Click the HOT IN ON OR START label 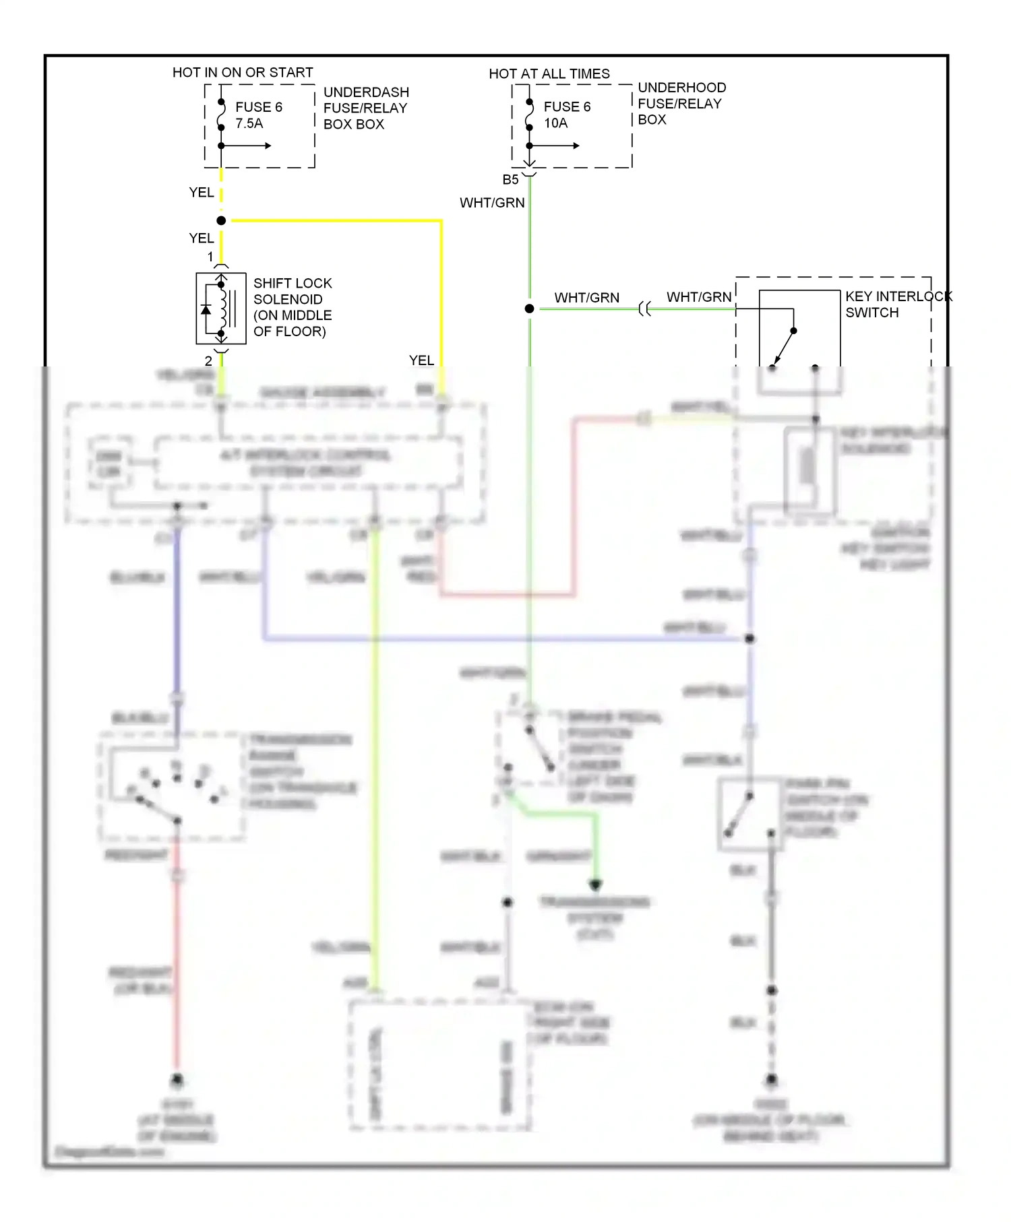(x=243, y=72)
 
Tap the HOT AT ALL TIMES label (x=549, y=73)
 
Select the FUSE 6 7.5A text (x=258, y=115)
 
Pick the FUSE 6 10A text (x=566, y=115)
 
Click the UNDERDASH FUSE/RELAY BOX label (x=365, y=108)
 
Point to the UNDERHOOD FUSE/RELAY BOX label (x=681, y=103)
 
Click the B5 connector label (x=510, y=180)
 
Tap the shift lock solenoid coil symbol (x=221, y=309)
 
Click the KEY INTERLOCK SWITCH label (x=898, y=304)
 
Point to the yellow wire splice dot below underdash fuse (x=221, y=220)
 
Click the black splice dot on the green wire (x=530, y=309)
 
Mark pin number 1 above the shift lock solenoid (x=210, y=257)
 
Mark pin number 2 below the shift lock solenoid (x=208, y=361)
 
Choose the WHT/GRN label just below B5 (x=492, y=203)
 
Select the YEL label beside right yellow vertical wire (x=421, y=360)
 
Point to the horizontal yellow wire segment (x=337, y=220)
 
